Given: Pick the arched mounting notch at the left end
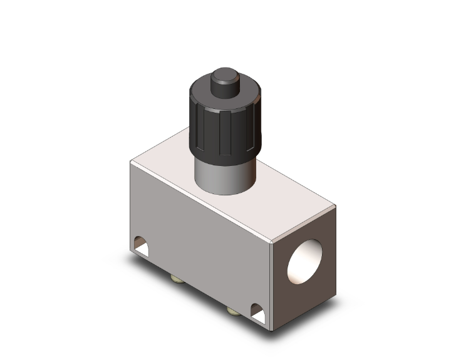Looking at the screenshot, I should coord(141,247).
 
